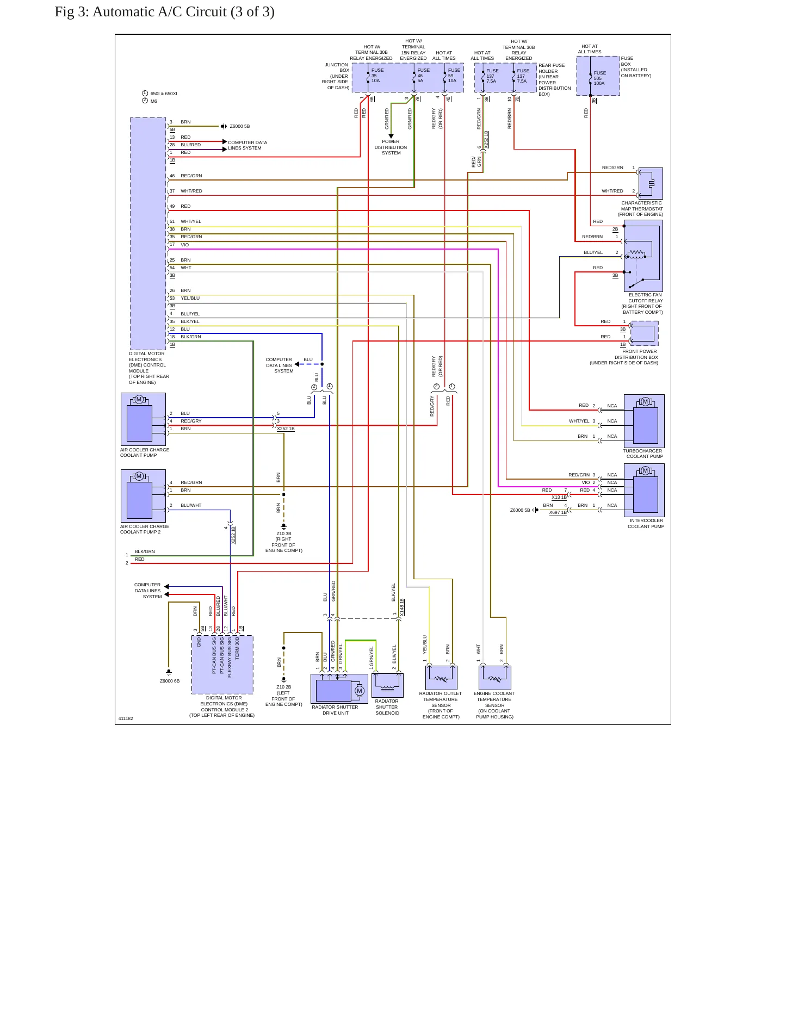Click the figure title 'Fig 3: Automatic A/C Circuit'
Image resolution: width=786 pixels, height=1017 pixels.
point(141,12)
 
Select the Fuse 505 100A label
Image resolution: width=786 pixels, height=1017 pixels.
point(599,78)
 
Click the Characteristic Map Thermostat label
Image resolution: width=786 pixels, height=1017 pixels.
point(642,209)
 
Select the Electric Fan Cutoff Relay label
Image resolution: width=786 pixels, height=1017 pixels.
point(642,303)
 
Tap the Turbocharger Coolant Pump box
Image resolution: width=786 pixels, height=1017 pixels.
point(644,421)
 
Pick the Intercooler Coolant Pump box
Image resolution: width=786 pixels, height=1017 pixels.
point(644,490)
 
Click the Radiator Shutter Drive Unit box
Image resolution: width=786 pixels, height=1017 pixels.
point(339,689)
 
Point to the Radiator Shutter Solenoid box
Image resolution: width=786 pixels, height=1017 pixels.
point(387,685)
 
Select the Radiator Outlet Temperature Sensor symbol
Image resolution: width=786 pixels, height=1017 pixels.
point(441,678)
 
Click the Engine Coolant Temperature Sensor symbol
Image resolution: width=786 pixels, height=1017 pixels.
point(495,678)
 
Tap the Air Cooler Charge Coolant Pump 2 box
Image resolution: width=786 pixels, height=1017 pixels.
point(143,496)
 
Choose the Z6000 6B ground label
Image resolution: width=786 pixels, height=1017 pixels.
point(170,681)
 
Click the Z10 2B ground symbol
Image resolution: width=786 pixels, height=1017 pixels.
point(283,679)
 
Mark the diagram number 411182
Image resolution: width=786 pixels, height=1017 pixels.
point(126,718)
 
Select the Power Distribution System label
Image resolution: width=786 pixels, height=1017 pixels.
point(391,147)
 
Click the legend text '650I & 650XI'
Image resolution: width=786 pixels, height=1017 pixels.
point(164,94)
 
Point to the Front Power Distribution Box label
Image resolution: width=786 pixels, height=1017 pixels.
point(624,357)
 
